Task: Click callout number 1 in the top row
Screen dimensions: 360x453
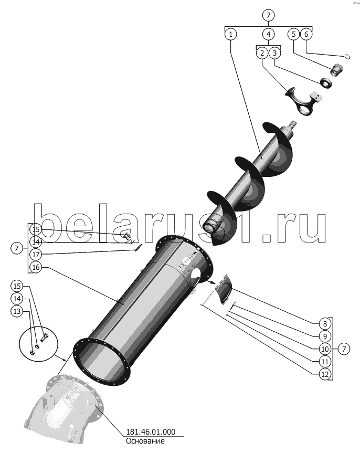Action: (x=230, y=34)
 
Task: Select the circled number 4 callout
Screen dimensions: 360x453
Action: (x=268, y=34)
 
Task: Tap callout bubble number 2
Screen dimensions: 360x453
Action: (x=262, y=53)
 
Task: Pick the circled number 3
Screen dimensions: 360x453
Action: (x=275, y=53)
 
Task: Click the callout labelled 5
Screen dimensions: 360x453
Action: (x=293, y=34)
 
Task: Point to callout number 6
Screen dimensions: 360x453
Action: (x=306, y=34)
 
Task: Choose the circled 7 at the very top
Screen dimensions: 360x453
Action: (x=268, y=15)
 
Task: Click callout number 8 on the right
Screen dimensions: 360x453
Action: (x=325, y=323)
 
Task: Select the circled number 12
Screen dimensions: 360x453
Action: (x=325, y=374)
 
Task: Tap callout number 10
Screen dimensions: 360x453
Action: (x=325, y=349)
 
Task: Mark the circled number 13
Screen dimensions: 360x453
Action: (x=17, y=311)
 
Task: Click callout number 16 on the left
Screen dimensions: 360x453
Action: (x=36, y=267)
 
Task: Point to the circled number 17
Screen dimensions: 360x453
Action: (x=36, y=255)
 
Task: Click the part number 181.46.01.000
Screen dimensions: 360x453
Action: (x=151, y=432)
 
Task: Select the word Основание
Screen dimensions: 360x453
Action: (x=145, y=441)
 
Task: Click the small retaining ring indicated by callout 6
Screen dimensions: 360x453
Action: (x=348, y=57)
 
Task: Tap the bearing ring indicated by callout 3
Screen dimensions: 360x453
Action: (x=326, y=82)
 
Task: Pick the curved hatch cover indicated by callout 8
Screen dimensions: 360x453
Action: (x=224, y=290)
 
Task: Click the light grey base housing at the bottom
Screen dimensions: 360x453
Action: (x=63, y=410)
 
